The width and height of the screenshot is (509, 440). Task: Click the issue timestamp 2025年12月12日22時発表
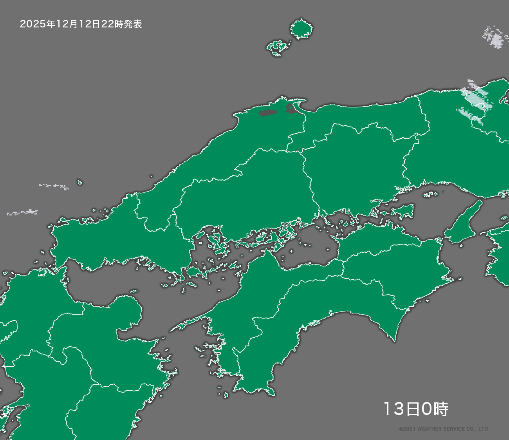click(x=81, y=24)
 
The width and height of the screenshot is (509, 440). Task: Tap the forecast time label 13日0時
click(x=415, y=409)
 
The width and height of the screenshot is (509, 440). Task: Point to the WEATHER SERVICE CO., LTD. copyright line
click(x=444, y=429)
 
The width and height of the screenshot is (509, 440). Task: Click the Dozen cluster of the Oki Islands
click(x=278, y=47)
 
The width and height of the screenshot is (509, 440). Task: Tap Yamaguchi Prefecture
click(x=117, y=239)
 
